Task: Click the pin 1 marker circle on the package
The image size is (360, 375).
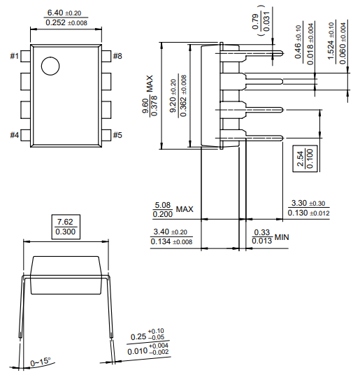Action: pyautogui.click(x=50, y=66)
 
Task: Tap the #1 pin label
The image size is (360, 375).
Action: pyautogui.click(x=15, y=56)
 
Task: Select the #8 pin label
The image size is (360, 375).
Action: pyautogui.click(x=117, y=56)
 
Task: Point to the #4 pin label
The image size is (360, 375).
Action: pyautogui.click(x=15, y=135)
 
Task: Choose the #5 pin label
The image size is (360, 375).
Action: pyautogui.click(x=117, y=135)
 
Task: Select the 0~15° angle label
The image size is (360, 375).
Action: pyautogui.click(x=41, y=362)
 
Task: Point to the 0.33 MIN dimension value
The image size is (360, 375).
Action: pyautogui.click(x=262, y=232)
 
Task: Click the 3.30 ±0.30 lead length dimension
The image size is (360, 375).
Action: pyautogui.click(x=308, y=203)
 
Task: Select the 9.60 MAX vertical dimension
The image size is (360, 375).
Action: pyautogui.click(x=145, y=111)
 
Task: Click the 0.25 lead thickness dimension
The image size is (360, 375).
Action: pyautogui.click(x=147, y=337)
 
